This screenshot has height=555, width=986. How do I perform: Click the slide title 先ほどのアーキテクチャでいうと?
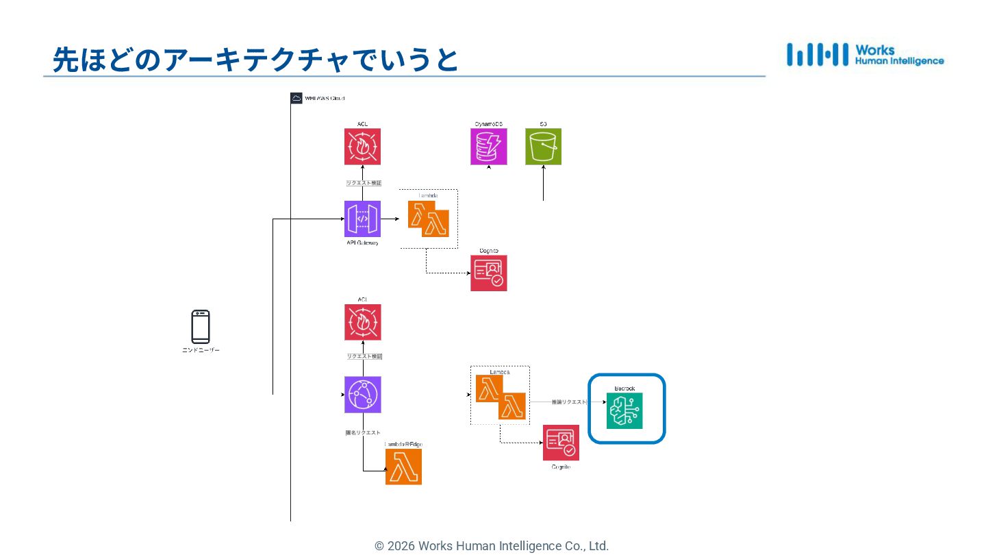coord(255,60)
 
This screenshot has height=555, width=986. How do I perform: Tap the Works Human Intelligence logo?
coord(865,55)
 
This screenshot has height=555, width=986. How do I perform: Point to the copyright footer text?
coord(491,546)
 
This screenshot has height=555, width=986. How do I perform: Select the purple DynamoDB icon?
coord(489,147)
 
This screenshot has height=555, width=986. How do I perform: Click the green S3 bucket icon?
coord(543,147)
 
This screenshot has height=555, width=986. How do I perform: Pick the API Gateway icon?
coord(362,219)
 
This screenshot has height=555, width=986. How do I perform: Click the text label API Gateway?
coord(362,243)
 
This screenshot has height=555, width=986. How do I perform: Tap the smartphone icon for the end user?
coord(201,327)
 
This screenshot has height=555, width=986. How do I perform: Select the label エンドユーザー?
coord(201,350)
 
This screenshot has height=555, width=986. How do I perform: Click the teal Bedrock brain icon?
coord(624,410)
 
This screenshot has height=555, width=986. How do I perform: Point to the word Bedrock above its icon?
coord(624,388)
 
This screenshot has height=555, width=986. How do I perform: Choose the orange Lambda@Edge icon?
coord(403,467)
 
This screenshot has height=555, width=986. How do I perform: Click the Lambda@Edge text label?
coord(403,444)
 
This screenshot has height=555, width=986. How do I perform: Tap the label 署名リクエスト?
coord(362,432)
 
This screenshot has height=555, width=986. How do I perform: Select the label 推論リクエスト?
coord(569,402)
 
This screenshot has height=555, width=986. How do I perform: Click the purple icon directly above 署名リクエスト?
coord(362,395)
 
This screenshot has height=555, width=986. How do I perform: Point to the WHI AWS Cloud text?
coord(325,99)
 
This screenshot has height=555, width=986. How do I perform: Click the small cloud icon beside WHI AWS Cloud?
coord(296,98)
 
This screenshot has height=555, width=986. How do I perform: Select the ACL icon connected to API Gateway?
coord(362,147)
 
